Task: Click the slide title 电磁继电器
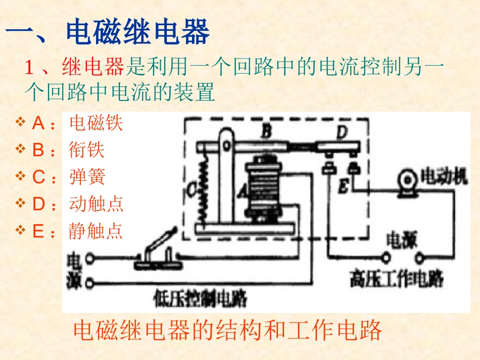(137, 32)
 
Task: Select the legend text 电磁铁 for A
(96, 123)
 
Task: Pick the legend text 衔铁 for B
(87, 150)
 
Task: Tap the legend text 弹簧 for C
(87, 177)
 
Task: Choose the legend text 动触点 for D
(96, 204)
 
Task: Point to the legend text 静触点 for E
(96, 231)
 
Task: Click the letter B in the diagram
(266, 133)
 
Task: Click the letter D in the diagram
(342, 133)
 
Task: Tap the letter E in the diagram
(343, 187)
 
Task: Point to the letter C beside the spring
(191, 190)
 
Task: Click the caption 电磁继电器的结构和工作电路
(227, 331)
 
